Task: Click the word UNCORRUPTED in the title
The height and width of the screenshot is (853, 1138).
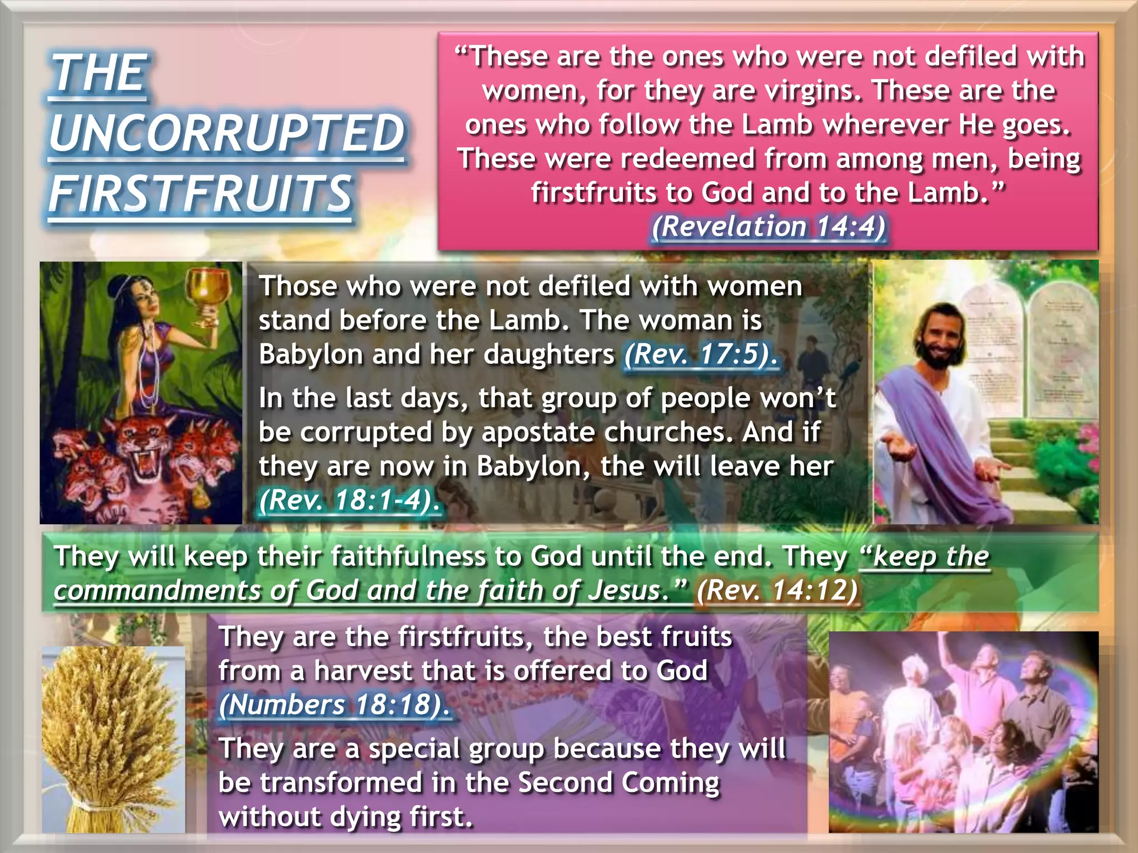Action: click(227, 133)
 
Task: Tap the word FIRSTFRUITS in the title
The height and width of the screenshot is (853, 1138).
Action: click(200, 193)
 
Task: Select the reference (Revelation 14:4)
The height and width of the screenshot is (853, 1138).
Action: click(768, 227)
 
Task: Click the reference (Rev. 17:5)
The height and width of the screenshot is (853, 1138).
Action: click(700, 354)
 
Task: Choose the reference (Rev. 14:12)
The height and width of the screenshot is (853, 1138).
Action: click(777, 590)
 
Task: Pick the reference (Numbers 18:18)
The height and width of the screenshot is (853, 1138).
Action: click(334, 705)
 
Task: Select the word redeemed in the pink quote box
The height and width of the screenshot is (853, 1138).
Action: click(687, 159)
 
